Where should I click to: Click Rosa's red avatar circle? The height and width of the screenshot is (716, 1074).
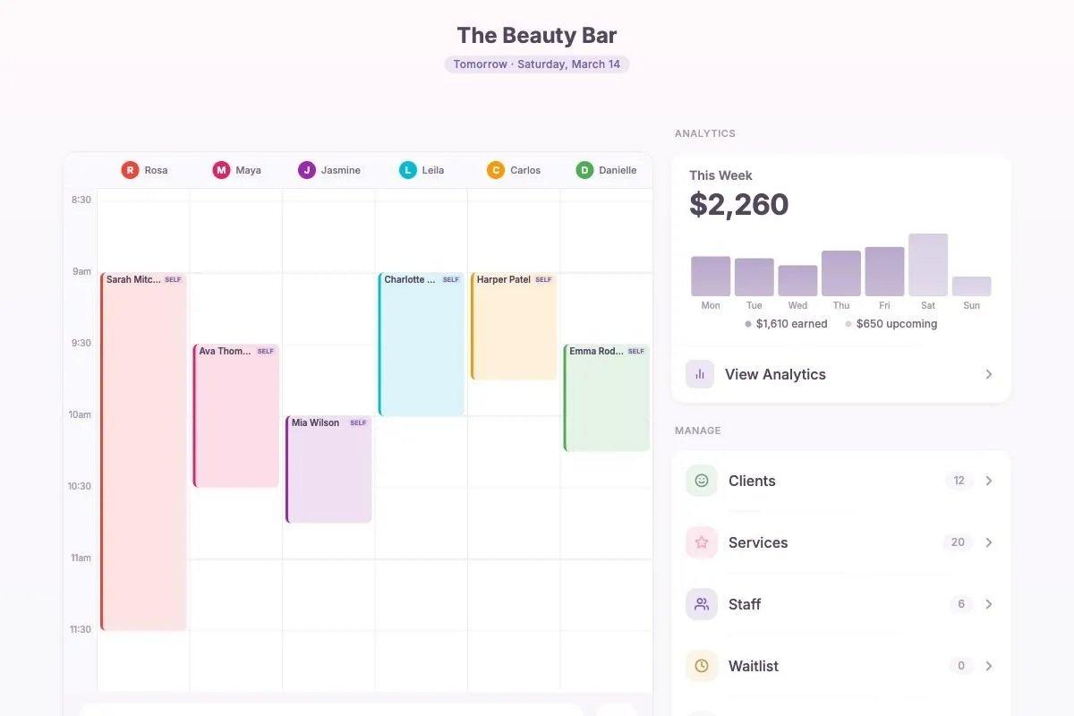pyautogui.click(x=131, y=170)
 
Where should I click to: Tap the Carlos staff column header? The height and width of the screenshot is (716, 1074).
pyautogui.click(x=514, y=170)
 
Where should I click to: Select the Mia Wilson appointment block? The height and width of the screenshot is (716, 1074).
pyautogui.click(x=328, y=470)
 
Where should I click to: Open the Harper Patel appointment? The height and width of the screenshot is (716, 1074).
pyautogui.click(x=514, y=327)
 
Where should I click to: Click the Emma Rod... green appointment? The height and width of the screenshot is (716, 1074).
pyautogui.click(x=607, y=398)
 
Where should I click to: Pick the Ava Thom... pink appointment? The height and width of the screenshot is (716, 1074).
pyautogui.click(x=236, y=416)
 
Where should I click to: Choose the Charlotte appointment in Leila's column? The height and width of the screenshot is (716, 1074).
pyautogui.click(x=422, y=345)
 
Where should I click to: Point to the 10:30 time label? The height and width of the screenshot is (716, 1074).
pyautogui.click(x=81, y=486)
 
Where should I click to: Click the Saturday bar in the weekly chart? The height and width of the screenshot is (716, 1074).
pyautogui.click(x=928, y=265)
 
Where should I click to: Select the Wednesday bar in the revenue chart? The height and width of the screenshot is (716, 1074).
pyautogui.click(x=797, y=280)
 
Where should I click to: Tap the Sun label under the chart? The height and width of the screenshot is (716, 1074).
pyautogui.click(x=971, y=306)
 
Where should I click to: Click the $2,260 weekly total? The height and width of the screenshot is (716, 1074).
pyautogui.click(x=739, y=205)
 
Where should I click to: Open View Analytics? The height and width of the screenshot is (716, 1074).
pyautogui.click(x=775, y=374)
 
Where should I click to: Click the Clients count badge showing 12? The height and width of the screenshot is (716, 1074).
pyautogui.click(x=959, y=481)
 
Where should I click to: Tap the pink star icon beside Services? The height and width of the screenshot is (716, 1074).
pyautogui.click(x=702, y=542)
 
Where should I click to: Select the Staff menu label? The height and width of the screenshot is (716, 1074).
pyautogui.click(x=745, y=604)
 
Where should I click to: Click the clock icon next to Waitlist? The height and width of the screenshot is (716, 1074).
pyautogui.click(x=702, y=666)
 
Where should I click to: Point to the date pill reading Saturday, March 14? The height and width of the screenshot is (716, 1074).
pyautogui.click(x=537, y=64)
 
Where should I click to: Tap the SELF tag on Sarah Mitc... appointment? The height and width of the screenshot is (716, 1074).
pyautogui.click(x=173, y=280)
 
